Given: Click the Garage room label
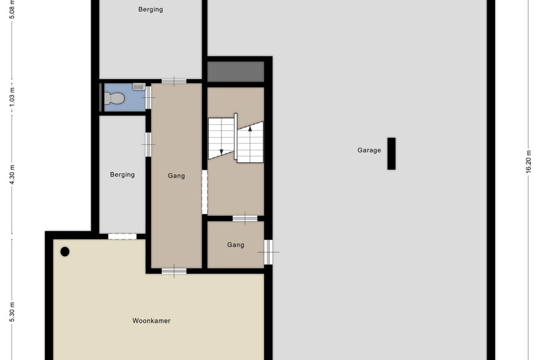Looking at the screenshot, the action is pos(369,150).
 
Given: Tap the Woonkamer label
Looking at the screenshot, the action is pos(151,321).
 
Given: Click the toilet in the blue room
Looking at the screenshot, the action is pos(114,98).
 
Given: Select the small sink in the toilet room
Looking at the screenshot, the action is pos(139,86).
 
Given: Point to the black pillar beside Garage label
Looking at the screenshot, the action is pos(391,154).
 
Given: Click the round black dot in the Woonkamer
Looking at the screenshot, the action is pos(65,252).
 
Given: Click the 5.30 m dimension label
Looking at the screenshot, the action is pos(12,313).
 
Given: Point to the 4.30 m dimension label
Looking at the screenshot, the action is pos(12,175).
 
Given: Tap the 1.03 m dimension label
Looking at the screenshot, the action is pos(12,97).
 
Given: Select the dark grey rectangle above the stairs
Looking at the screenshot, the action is pos(236,71).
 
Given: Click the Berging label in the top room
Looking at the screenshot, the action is pos(151,10).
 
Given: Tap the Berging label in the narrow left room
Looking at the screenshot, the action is pos(122,175).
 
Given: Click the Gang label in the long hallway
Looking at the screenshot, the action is pos(176,176).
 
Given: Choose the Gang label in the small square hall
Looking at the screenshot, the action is pos(236,245).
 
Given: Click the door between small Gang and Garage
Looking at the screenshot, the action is pos(268,252).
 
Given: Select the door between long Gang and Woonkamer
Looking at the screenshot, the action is pos(174,271).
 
